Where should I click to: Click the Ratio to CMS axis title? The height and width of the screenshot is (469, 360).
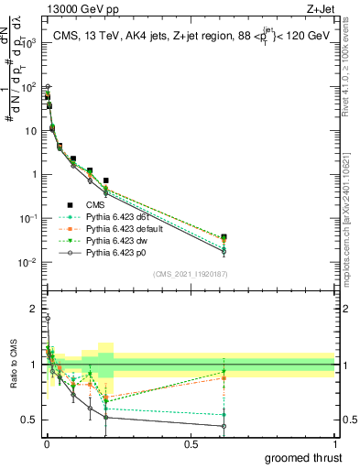[x=12, y=376]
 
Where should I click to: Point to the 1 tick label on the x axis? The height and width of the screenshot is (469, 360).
[x=334, y=443]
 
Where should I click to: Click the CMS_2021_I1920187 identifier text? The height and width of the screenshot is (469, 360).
[x=190, y=273]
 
